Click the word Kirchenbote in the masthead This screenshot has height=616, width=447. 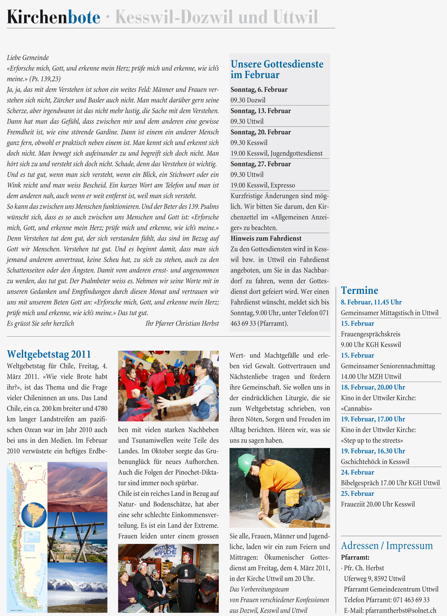coord(54,17)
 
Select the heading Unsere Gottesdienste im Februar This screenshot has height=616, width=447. coord(277,69)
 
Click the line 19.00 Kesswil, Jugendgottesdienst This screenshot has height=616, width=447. coord(276,153)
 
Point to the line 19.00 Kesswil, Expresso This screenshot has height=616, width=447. coord(263,185)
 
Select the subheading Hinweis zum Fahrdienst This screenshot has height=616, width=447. coord(266,238)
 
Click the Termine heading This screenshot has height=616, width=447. coord(359,290)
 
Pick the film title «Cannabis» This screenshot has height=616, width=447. coord(356,409)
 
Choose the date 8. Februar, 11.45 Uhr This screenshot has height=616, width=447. coord(371,302)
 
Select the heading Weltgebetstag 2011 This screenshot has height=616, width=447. coord(49,354)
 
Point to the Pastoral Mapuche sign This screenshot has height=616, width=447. coord(165,551)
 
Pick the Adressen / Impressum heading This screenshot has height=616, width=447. coord(387,546)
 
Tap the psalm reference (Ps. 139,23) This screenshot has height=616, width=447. coord(45,79)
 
